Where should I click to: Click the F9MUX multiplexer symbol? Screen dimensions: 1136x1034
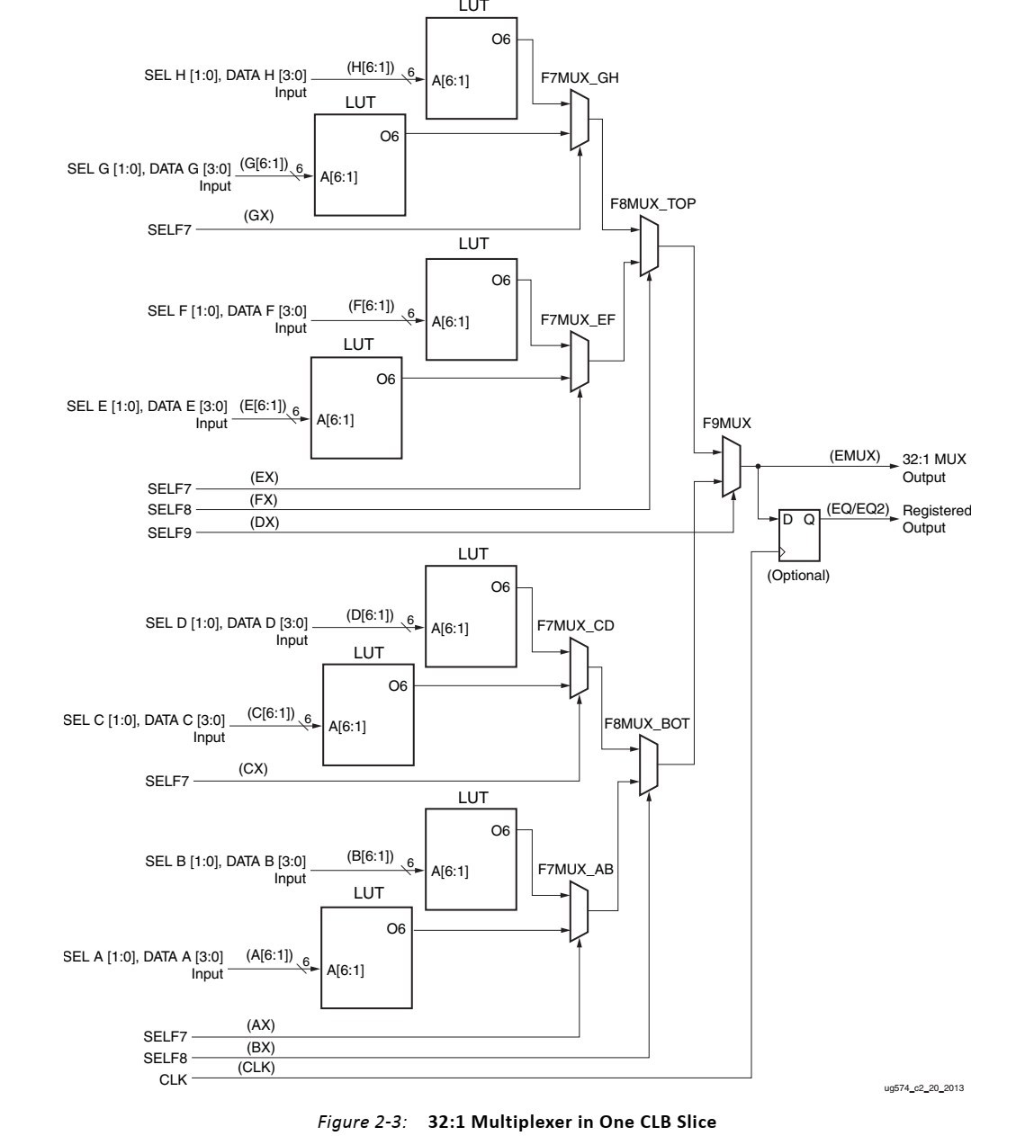pos(732,469)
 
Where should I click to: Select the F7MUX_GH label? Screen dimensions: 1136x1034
pos(580,78)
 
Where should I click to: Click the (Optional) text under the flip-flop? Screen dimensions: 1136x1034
pos(798,576)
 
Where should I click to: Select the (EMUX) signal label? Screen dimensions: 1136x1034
pos(854,456)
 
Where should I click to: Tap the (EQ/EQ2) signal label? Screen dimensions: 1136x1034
pos(857,509)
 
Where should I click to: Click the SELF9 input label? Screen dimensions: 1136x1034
pos(169,533)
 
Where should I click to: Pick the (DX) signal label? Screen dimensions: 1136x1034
pos(265,522)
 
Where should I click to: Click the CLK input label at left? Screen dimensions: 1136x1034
pos(174,1080)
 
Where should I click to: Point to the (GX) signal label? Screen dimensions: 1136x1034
pos(258,216)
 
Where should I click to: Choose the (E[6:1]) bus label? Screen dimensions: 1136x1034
pos(262,405)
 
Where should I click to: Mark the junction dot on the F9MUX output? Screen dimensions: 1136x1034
pos(759,466)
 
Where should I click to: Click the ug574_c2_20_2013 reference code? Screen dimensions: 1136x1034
pos(925,1088)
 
